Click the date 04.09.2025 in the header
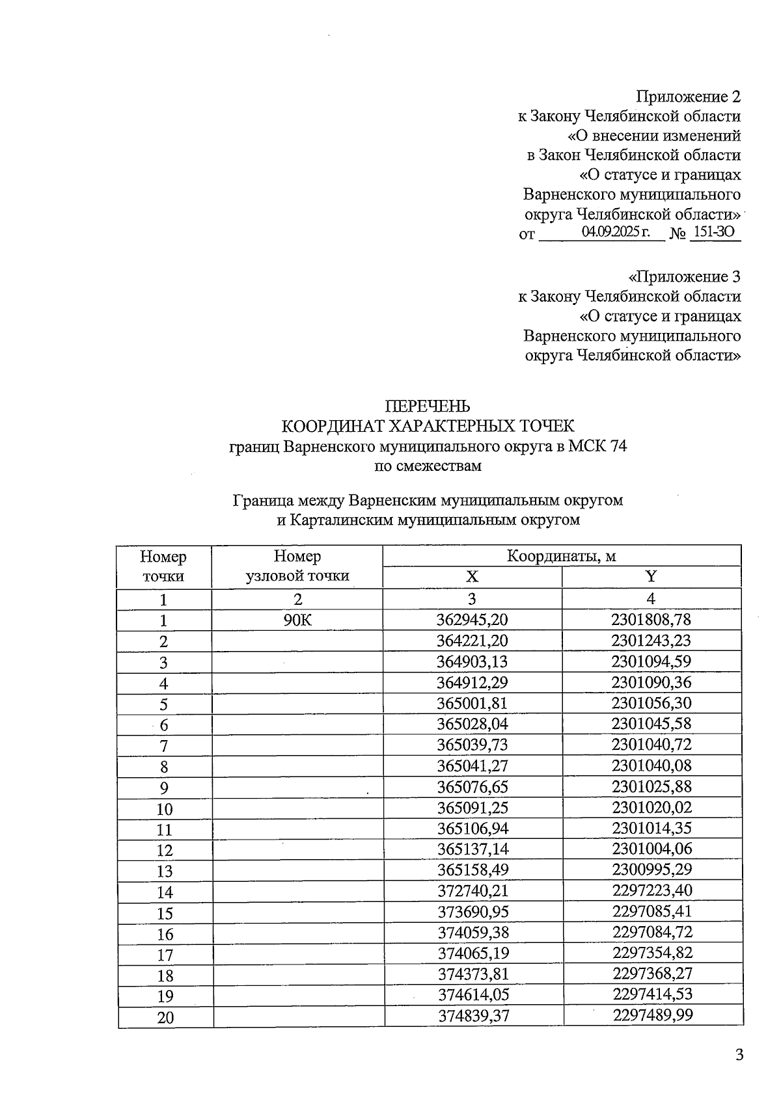pos(616,232)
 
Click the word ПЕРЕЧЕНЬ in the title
pos(428,406)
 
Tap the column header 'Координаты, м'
pos(561,556)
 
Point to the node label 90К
pos(297,620)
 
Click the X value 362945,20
pos(472,620)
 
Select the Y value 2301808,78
pos(651,620)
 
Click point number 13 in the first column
pos(165,871)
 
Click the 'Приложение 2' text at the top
pos(688,97)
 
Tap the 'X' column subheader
pos(472,577)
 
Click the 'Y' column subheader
pos(651,576)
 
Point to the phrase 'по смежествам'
pos(428,466)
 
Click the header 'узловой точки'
pos(297,576)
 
